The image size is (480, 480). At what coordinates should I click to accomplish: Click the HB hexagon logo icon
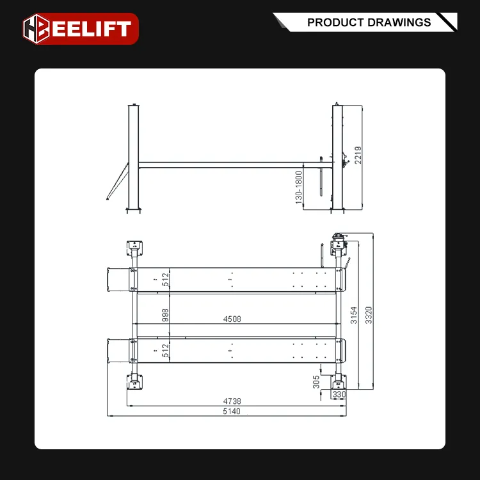(36, 29)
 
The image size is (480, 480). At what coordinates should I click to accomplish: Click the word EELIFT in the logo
(92, 29)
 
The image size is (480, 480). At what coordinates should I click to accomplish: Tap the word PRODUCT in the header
(335, 22)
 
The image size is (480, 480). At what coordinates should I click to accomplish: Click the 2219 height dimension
(358, 155)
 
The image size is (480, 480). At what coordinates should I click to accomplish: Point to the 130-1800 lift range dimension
(298, 188)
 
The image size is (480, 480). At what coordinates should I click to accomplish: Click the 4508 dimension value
(232, 319)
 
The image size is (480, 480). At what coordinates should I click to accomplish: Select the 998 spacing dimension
(165, 316)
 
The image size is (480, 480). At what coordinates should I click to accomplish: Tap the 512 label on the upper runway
(165, 280)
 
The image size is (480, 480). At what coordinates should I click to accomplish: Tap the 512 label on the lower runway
(165, 351)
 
